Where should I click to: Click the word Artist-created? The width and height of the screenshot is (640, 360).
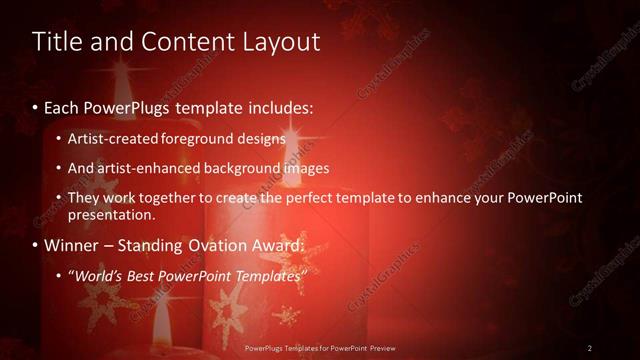point(111,138)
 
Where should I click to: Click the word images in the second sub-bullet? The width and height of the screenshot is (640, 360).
point(306,168)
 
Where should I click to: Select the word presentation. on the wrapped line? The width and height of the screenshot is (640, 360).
point(111,214)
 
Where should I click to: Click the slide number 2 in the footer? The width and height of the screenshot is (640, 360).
point(589,348)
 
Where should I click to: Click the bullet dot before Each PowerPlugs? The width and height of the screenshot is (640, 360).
point(36,107)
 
